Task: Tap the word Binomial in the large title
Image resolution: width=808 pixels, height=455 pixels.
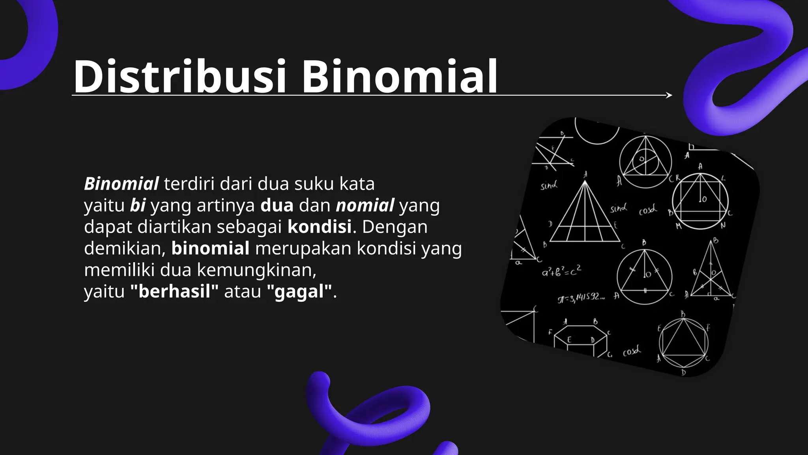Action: [x=399, y=76]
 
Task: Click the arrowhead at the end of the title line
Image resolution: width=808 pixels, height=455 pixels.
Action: [x=669, y=95]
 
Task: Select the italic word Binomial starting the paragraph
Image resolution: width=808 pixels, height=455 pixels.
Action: [x=122, y=184]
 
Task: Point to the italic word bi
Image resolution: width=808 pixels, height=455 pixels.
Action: [x=138, y=206]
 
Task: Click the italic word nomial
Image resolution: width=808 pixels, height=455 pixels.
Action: [x=365, y=206]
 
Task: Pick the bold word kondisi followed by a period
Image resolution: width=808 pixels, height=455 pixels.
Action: [x=319, y=227]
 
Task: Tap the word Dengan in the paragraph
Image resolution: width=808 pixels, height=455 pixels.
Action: [x=395, y=227]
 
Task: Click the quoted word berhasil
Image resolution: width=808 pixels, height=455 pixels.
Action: [x=174, y=292]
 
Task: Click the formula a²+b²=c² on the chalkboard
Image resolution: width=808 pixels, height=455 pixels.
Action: [x=561, y=271]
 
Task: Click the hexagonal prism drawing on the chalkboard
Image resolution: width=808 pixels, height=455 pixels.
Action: [x=580, y=339]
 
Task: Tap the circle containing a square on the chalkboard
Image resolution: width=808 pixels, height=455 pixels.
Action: [x=700, y=201]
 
